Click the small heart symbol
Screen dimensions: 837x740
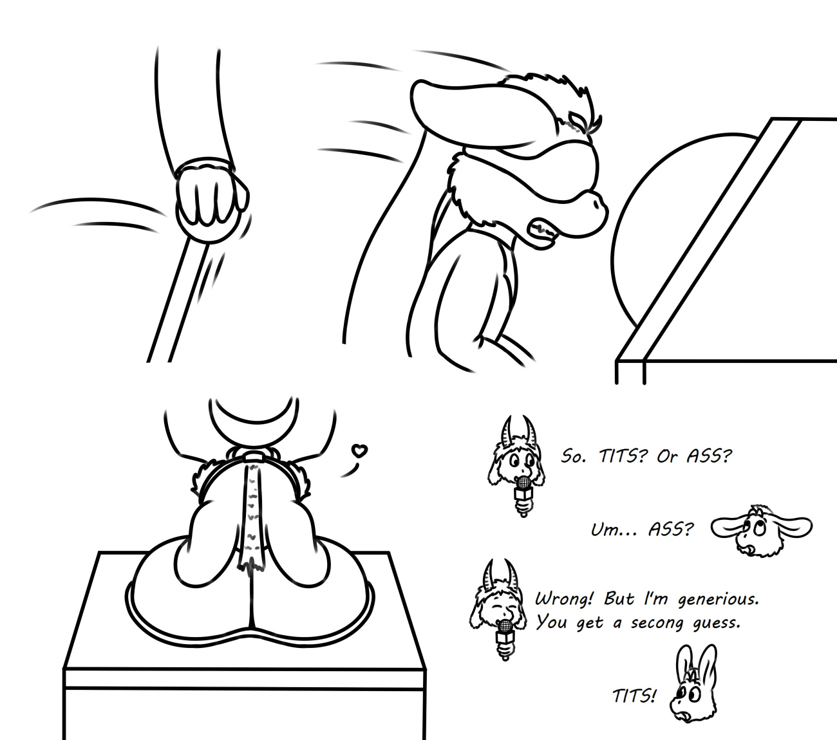coord(359,450)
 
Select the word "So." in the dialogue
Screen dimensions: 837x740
coord(573,456)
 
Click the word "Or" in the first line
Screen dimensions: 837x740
coord(667,456)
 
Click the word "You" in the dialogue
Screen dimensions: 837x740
coord(551,622)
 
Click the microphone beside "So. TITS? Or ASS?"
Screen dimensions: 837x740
coord(523,495)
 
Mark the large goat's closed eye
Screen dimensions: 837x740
coord(578,124)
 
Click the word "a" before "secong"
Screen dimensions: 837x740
coord(617,624)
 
